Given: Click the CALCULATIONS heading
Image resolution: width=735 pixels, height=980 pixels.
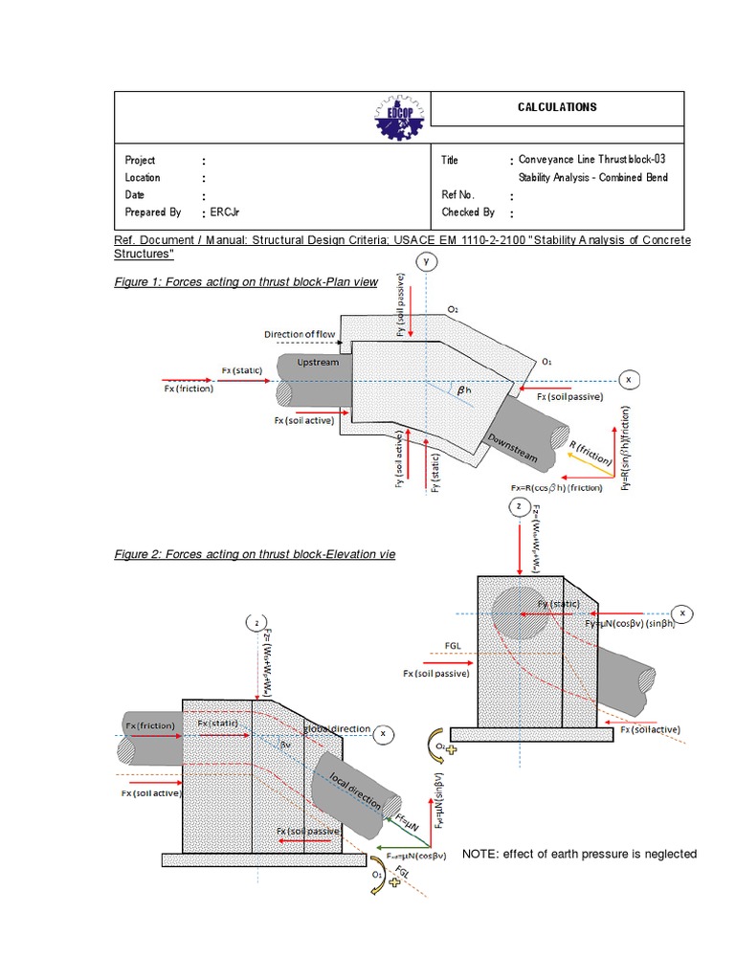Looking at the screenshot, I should [557, 107].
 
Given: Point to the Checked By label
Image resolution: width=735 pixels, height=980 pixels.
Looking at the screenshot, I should [468, 212].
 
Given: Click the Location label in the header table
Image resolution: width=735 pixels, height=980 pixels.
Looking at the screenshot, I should [143, 178].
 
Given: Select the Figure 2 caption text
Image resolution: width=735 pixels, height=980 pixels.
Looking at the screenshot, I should [254, 554].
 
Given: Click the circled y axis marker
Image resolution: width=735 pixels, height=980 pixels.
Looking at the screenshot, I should [428, 261].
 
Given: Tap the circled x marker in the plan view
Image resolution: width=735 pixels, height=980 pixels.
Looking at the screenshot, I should [629, 379].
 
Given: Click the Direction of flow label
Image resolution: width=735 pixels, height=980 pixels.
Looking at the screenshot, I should [301, 334].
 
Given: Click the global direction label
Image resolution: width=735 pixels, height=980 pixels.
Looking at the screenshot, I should [336, 729].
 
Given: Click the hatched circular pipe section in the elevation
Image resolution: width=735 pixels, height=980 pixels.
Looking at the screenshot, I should [521, 611].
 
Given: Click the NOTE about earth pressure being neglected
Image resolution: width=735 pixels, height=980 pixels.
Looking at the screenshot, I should [579, 854].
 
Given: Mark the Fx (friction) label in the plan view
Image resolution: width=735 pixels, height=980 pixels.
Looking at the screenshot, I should [189, 389].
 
